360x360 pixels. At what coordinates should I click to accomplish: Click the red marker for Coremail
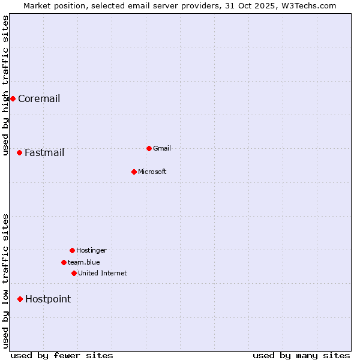tap(13, 98)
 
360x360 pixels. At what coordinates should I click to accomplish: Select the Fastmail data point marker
tap(19, 152)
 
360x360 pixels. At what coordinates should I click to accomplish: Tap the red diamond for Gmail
tap(149, 148)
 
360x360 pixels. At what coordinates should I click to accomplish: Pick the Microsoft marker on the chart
tap(134, 172)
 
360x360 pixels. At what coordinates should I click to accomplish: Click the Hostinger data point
tap(72, 250)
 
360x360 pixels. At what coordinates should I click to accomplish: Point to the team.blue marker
tap(64, 262)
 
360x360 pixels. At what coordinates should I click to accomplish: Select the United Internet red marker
tap(74, 273)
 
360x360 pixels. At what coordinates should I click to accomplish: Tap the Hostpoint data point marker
tap(20, 299)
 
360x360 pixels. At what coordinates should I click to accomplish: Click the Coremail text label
tap(39, 99)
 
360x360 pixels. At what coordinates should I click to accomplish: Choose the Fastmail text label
tap(44, 153)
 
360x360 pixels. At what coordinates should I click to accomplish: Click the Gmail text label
tap(162, 148)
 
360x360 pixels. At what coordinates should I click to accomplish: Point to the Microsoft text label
tap(152, 172)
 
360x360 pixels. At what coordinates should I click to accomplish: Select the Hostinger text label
tap(91, 250)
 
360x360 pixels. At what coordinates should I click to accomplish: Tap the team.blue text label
tap(84, 262)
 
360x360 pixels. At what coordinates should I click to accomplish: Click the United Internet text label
tap(103, 273)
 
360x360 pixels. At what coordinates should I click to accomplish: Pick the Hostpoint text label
tap(48, 299)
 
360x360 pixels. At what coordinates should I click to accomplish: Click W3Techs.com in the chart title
tap(307, 5)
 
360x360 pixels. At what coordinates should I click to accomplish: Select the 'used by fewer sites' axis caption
tap(62, 355)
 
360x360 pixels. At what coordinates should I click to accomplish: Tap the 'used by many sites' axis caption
tap(301, 355)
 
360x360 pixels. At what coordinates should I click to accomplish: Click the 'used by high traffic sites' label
tap(5, 85)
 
